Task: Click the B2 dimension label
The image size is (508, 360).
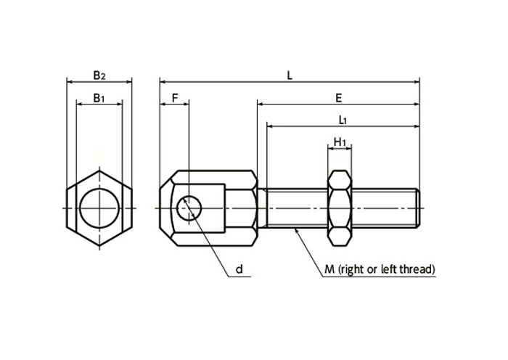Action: (x=99, y=75)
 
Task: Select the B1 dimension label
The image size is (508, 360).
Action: (x=99, y=98)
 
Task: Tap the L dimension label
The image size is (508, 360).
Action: (x=290, y=75)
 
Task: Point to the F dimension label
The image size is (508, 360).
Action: (x=175, y=98)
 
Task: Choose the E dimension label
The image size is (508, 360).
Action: (x=339, y=98)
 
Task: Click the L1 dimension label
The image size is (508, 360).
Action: (x=343, y=120)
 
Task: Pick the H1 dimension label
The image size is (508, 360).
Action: (x=340, y=142)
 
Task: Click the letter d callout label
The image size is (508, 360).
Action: (x=239, y=269)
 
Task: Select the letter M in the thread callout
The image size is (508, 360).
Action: (x=329, y=269)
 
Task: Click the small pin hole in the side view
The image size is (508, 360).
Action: (x=189, y=208)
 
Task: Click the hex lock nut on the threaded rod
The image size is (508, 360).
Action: (x=340, y=208)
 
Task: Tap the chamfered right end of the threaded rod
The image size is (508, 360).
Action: (x=418, y=208)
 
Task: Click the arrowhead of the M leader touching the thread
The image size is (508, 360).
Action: (x=295, y=230)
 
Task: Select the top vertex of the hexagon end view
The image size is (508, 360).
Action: (x=99, y=171)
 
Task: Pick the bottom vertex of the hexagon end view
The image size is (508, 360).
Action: (x=99, y=245)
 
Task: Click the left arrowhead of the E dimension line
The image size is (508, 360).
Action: (x=261, y=105)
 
